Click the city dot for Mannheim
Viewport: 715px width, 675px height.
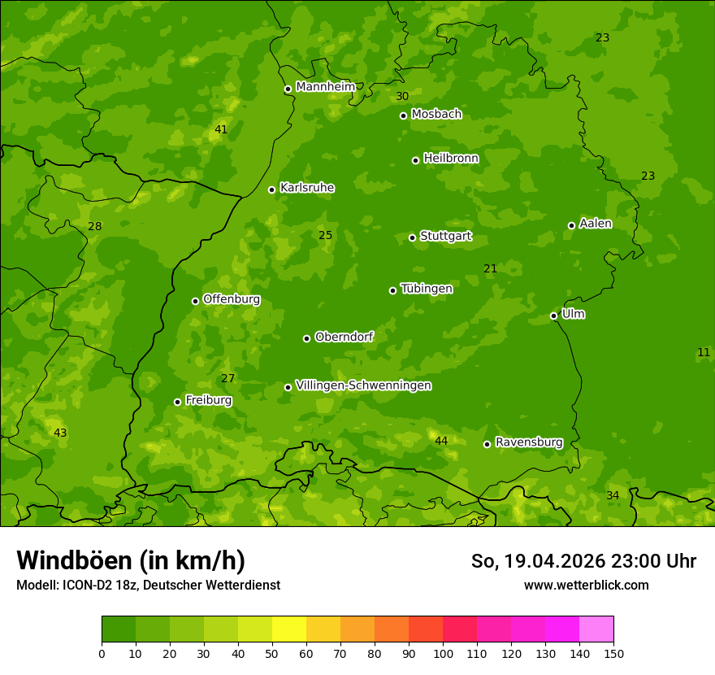pyautogui.click(x=288, y=89)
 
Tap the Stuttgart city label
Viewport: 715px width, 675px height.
pyautogui.click(x=445, y=237)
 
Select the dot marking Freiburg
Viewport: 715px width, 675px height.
pyautogui.click(x=177, y=402)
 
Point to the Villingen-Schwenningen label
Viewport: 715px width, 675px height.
pyautogui.click(x=363, y=385)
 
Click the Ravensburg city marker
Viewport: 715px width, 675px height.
pyautogui.click(x=487, y=444)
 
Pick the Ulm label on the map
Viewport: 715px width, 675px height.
pyautogui.click(x=573, y=314)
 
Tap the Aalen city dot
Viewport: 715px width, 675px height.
pyautogui.click(x=571, y=225)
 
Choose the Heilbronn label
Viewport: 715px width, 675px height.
pyautogui.click(x=451, y=159)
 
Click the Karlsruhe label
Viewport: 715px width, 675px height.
pyautogui.click(x=306, y=188)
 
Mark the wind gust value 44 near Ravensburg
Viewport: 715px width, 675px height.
pyautogui.click(x=441, y=441)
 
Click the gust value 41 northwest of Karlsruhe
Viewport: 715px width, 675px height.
pyautogui.click(x=221, y=129)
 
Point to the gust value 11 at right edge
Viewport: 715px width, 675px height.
pyautogui.click(x=704, y=352)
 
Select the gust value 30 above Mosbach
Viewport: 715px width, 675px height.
pyautogui.click(x=402, y=96)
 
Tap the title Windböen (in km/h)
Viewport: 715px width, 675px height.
pyautogui.click(x=131, y=560)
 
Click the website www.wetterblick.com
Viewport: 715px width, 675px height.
pyautogui.click(x=586, y=585)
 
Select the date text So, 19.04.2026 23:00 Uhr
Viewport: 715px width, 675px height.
pyautogui.click(x=583, y=561)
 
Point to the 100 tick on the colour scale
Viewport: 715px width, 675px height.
pyautogui.click(x=443, y=652)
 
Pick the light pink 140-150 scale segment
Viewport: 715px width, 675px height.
pyautogui.click(x=596, y=629)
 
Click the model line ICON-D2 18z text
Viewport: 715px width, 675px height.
pyautogui.click(x=148, y=585)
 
